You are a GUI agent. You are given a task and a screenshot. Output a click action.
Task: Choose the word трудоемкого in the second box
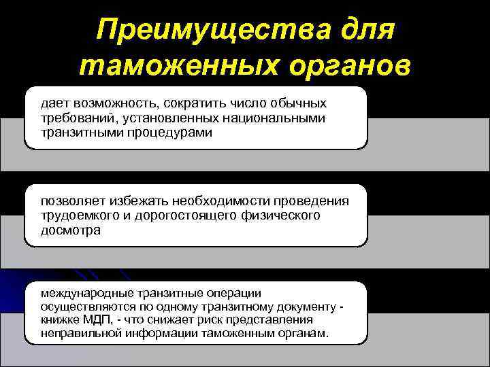click(x=76, y=216)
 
